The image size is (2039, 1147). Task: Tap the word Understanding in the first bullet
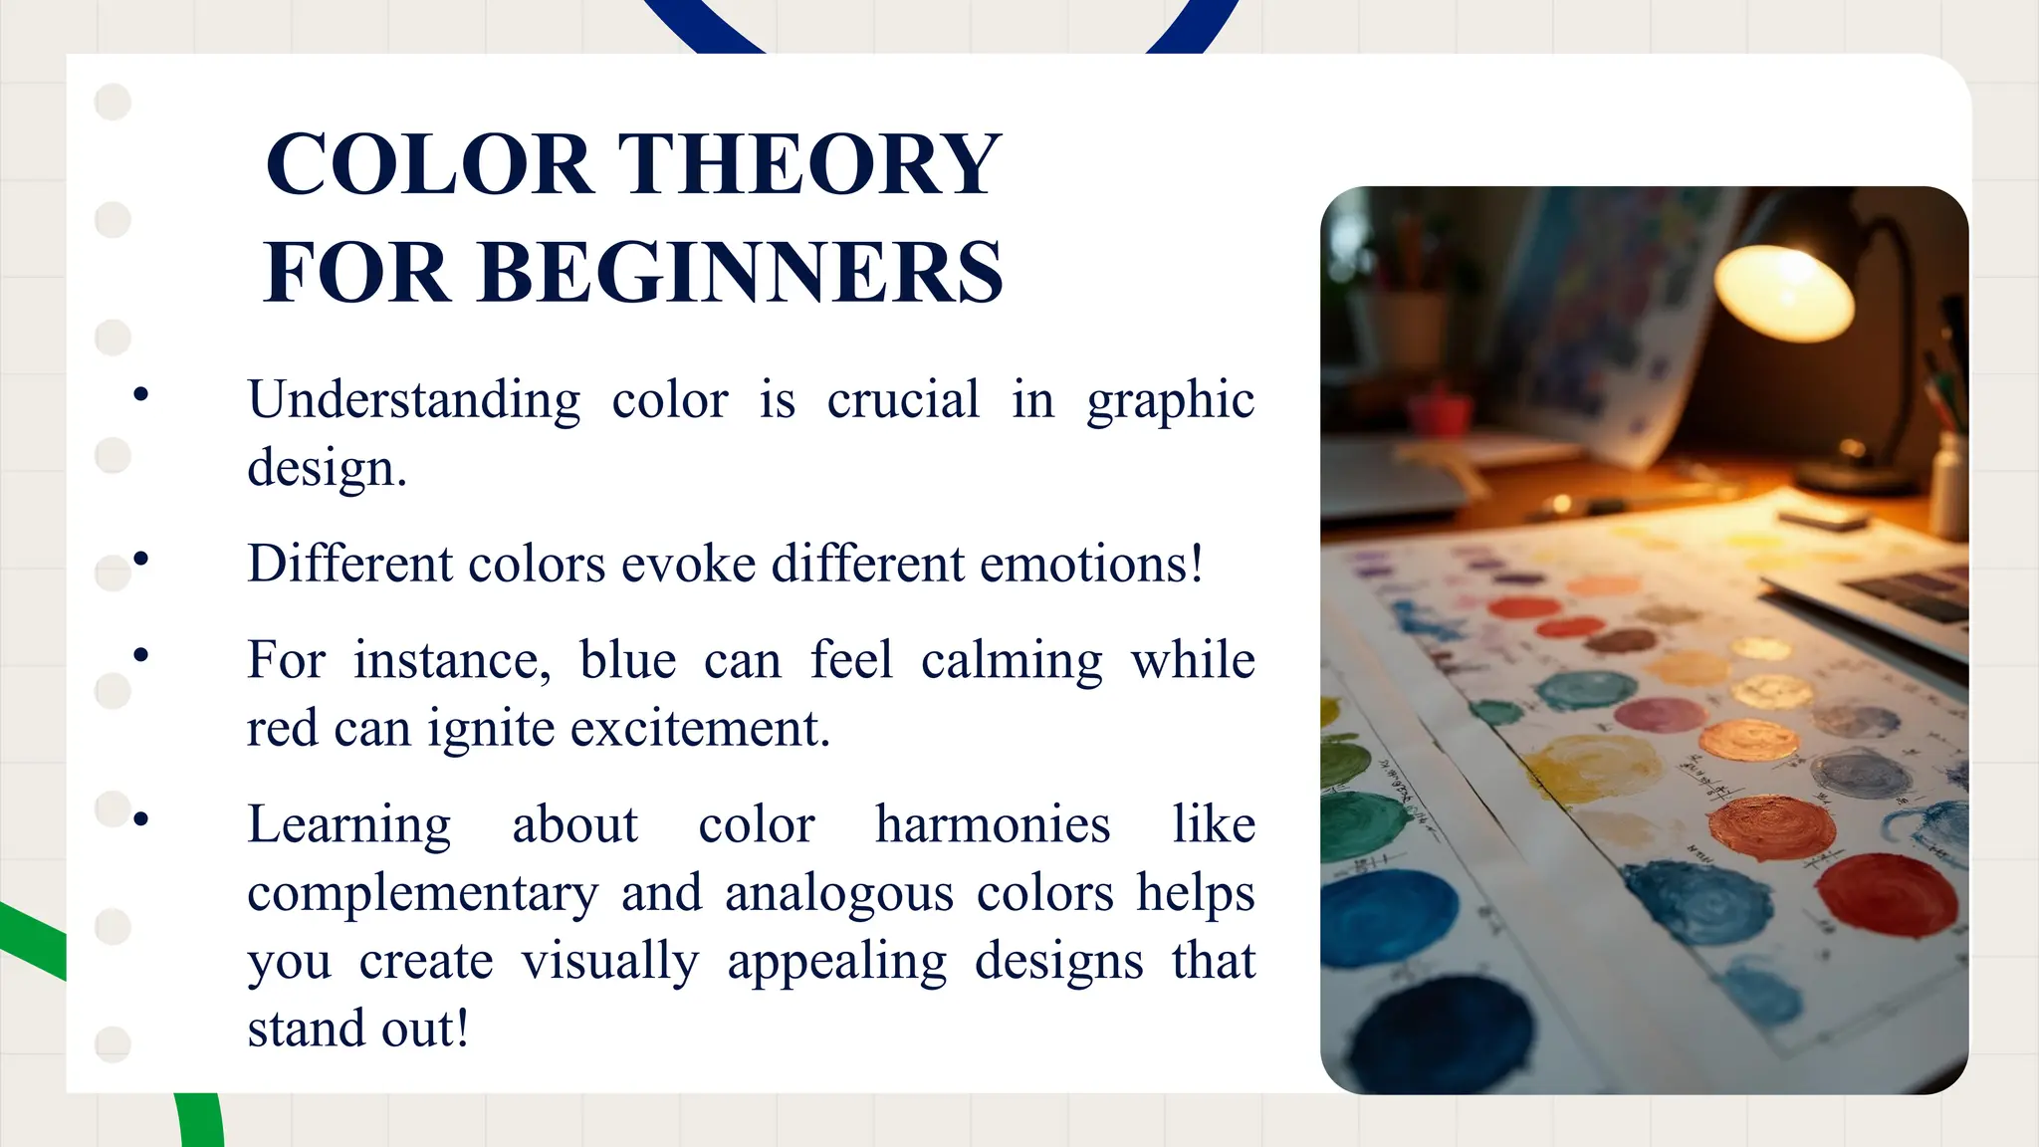[413, 400]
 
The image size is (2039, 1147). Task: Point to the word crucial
[903, 400]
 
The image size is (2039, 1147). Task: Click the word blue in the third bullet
[627, 660]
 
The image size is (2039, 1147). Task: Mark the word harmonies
[993, 824]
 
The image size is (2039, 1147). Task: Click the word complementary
[422, 893]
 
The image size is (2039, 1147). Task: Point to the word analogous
[839, 893]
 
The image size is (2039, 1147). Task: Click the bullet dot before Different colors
[140, 560]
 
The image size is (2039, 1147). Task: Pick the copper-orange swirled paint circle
[1771, 826]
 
